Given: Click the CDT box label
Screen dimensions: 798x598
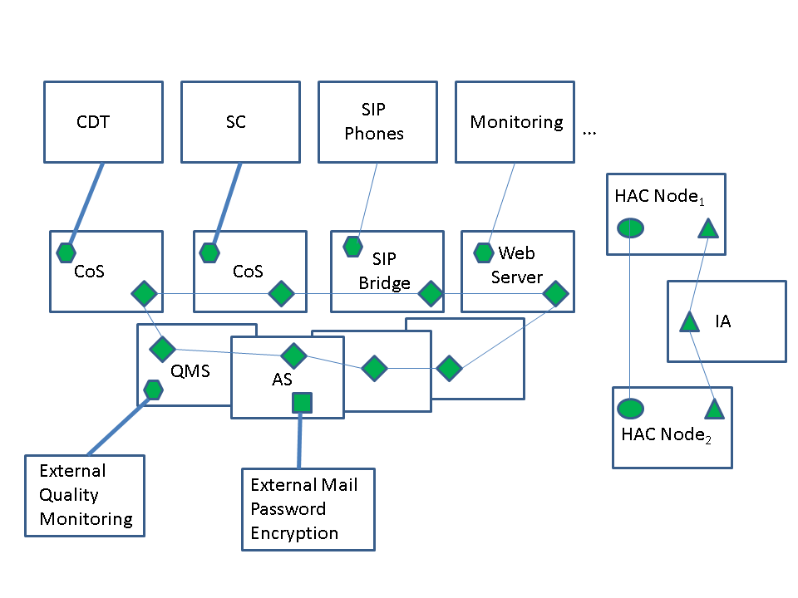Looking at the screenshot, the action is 92,122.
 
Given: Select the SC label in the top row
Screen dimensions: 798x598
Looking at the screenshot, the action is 235,122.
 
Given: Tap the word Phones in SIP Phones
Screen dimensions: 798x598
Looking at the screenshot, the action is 374,134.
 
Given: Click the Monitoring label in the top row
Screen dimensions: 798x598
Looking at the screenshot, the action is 516,123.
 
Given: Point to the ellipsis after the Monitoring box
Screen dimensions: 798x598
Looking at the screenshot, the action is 589,134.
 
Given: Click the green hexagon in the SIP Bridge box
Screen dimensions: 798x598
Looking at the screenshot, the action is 352,247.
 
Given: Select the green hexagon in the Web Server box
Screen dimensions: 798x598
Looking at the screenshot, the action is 484,252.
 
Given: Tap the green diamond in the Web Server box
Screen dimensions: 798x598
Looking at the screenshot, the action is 555,293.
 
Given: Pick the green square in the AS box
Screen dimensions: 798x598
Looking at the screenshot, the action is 302,403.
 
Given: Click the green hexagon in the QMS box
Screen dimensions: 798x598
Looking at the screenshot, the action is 153,390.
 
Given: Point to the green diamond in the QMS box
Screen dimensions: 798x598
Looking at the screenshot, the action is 162,350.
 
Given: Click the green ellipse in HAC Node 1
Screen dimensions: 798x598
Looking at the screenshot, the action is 630,228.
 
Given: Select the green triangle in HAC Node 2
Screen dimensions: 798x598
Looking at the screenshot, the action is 715,409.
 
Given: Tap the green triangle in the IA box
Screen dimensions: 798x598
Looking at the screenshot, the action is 690,322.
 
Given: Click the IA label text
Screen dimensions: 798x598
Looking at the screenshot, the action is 722,321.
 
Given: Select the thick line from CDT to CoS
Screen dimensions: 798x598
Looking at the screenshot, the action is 86,204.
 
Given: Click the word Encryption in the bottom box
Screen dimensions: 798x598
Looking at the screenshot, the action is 294,533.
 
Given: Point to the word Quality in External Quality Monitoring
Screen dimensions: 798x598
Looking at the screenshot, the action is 69,495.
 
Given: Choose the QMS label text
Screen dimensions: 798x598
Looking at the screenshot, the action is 190,371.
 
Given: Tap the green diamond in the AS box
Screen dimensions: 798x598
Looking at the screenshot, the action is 293,355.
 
